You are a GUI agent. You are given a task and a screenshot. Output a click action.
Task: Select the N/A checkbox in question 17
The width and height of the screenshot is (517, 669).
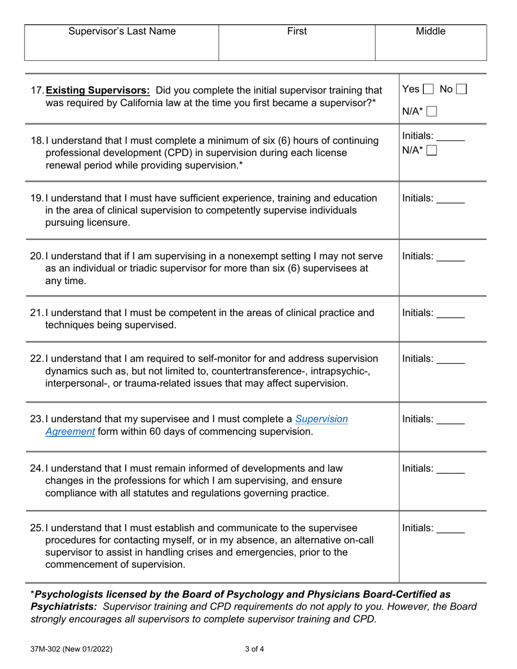click(x=432, y=112)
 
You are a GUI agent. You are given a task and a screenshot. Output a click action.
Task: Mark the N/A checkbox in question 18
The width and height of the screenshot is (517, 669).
click(x=432, y=151)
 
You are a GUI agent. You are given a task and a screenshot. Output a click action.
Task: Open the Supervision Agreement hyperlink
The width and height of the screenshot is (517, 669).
click(x=321, y=419)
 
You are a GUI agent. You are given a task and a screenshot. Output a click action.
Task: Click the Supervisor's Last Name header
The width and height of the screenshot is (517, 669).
click(x=122, y=32)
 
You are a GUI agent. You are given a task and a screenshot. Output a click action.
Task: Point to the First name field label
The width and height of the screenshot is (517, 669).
click(x=297, y=32)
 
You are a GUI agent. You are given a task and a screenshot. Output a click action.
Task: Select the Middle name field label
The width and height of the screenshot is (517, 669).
click(x=430, y=32)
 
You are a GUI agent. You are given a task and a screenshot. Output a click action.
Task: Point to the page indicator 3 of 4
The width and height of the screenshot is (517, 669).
click(x=255, y=648)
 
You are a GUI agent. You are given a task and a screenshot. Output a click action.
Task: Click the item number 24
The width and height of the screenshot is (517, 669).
click(x=36, y=468)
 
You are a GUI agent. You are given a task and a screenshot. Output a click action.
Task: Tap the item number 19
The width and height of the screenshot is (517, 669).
click(x=36, y=198)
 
